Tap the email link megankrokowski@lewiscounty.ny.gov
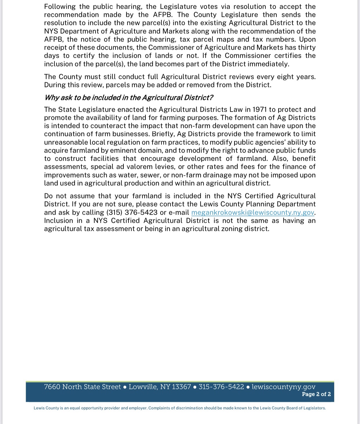pyautogui.click(x=252, y=212)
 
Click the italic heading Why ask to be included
pyautogui.click(x=128, y=97)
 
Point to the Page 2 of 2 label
pyautogui.click(x=316, y=394)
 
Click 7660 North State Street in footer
pyautogui.click(x=82, y=387)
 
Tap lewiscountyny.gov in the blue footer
pyautogui.click(x=283, y=387)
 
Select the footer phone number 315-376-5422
pyautogui.click(x=221, y=387)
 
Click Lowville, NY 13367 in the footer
pyautogui.click(x=160, y=387)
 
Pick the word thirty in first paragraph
pyautogui.click(x=306, y=48)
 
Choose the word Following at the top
pyautogui.click(x=60, y=7)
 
